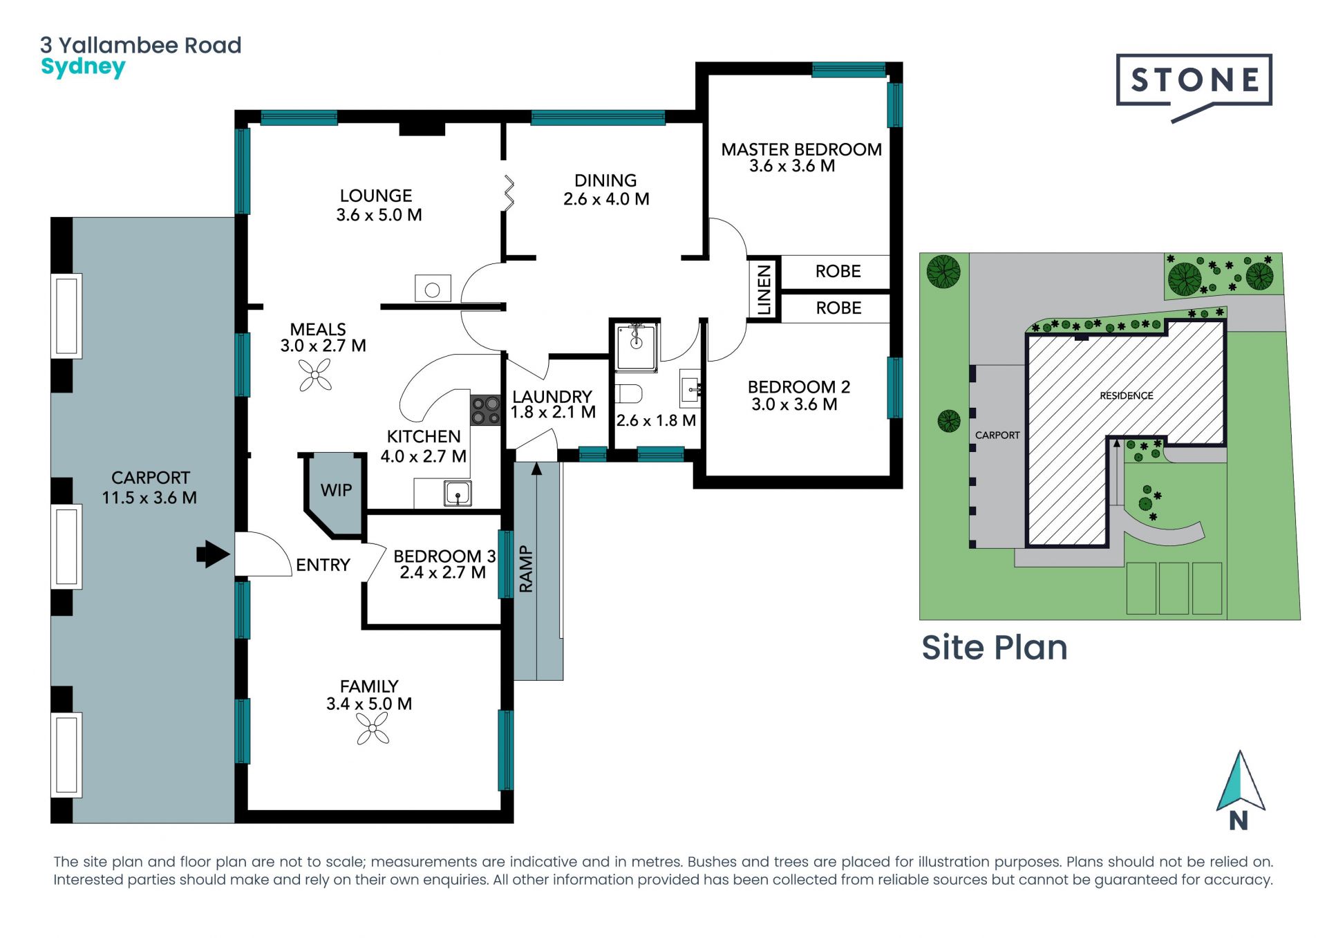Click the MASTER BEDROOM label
[x=801, y=149]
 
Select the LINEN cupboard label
[x=764, y=290]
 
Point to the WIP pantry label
[x=336, y=490]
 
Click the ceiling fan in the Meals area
[x=315, y=376]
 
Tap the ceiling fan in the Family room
[x=373, y=729]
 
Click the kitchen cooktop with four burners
[x=485, y=410]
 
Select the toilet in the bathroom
[x=628, y=394]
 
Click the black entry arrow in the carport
[x=213, y=554]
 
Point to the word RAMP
[x=526, y=569]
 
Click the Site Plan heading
[x=995, y=648]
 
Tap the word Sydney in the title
[x=83, y=68]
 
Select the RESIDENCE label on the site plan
[x=1127, y=395]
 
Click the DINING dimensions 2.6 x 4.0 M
[x=606, y=199]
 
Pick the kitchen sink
[x=458, y=494]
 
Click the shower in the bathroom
[x=637, y=346]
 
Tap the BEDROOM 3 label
[x=444, y=556]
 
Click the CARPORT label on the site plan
[x=997, y=435]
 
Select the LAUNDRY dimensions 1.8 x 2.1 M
[x=553, y=413]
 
